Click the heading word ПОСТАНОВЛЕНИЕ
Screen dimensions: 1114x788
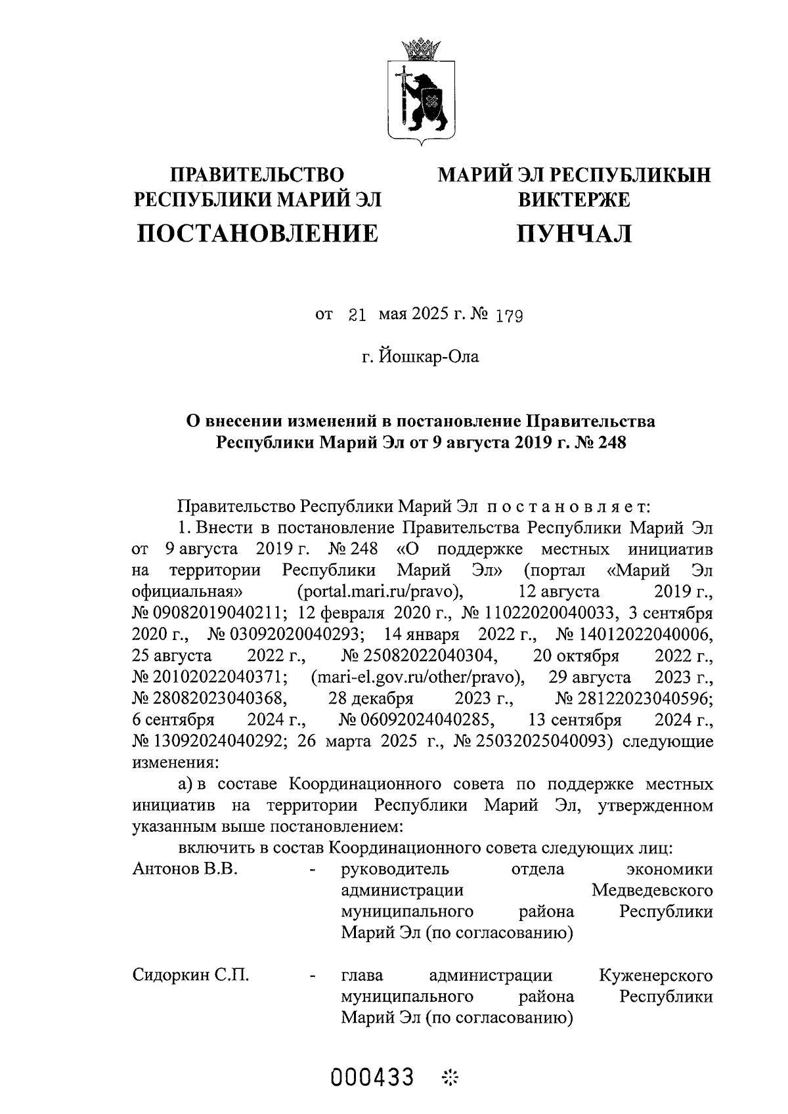click(257, 234)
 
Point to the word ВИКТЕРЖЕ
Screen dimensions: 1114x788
click(574, 200)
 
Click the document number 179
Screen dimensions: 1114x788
click(509, 317)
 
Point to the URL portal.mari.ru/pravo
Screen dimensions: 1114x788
click(381, 591)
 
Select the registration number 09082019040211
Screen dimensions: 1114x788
click(208, 613)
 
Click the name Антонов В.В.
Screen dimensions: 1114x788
click(185, 869)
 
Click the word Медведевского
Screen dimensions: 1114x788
click(651, 891)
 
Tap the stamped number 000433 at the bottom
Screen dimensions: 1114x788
click(373, 1077)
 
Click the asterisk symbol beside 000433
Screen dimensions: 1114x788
click(451, 1078)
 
